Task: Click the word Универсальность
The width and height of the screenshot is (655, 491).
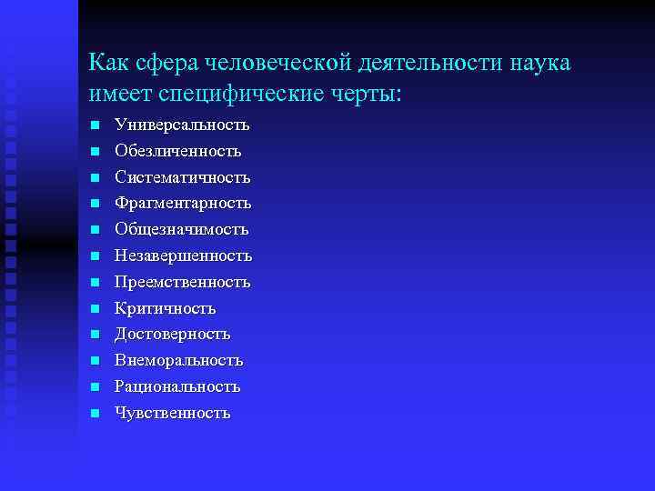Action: [x=182, y=125]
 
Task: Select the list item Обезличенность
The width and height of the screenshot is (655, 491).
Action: [x=178, y=151]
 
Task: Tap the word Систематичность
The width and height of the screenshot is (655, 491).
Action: [x=183, y=177]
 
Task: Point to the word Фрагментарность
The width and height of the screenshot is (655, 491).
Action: [x=183, y=203]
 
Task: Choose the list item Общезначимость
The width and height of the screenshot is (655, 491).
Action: [x=182, y=229]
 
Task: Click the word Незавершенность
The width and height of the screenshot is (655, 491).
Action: [x=183, y=256]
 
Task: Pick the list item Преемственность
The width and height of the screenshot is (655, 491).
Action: [x=182, y=282]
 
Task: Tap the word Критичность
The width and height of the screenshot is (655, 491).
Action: [x=165, y=308]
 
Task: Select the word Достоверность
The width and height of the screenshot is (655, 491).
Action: [x=173, y=335]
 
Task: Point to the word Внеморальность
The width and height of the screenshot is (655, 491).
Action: [x=179, y=360]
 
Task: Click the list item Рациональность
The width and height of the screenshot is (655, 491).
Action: [x=177, y=386]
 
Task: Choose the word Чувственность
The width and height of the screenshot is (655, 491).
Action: [x=173, y=413]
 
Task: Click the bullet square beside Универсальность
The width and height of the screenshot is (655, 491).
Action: [x=95, y=125]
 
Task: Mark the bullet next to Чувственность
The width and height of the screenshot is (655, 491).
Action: [x=95, y=414]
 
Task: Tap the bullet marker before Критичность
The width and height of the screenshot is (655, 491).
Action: [x=95, y=309]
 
